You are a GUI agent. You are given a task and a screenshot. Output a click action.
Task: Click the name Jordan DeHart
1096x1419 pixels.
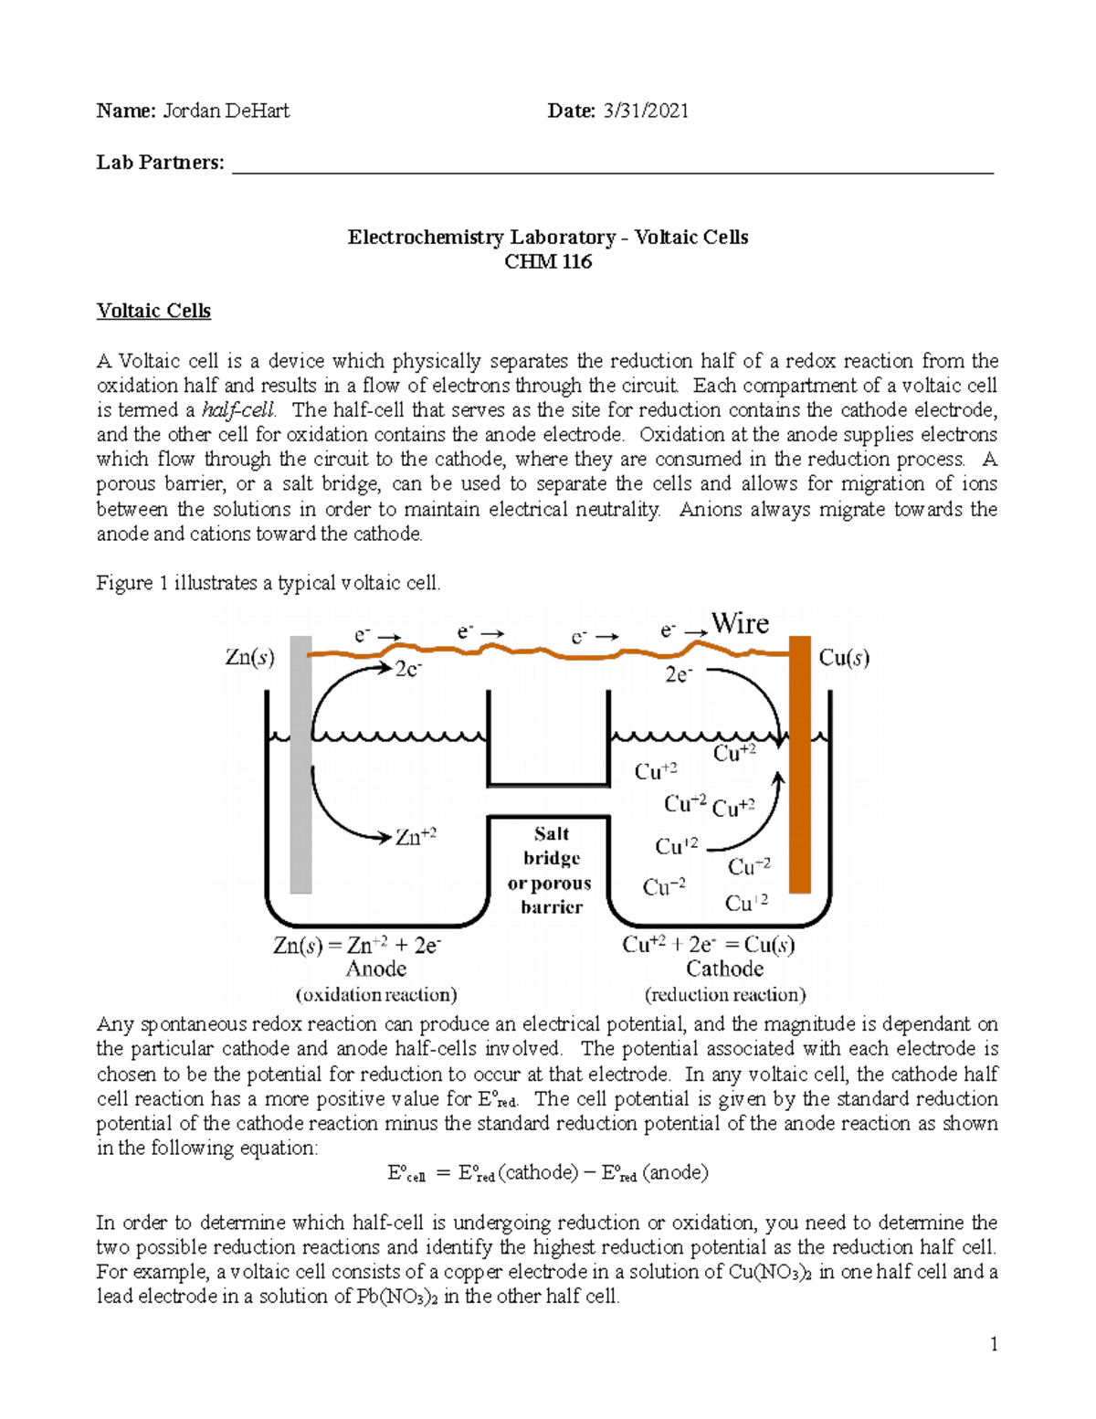point(226,111)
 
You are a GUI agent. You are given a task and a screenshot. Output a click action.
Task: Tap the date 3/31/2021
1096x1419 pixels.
point(645,111)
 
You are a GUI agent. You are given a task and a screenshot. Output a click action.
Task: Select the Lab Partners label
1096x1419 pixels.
point(160,163)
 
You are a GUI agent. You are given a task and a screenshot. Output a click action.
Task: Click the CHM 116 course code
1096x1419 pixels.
point(548,262)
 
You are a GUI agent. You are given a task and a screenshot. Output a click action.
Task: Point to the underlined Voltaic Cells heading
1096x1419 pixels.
point(153,311)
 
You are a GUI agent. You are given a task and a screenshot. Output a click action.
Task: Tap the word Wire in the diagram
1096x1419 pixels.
point(740,624)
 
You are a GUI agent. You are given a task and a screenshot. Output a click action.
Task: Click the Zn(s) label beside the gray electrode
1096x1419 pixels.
point(249,657)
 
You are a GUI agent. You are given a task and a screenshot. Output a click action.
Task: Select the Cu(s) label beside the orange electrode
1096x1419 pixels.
point(844,658)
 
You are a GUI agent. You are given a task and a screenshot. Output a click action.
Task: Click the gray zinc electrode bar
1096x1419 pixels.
point(300,768)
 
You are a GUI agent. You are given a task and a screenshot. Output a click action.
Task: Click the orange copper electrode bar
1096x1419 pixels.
point(800,768)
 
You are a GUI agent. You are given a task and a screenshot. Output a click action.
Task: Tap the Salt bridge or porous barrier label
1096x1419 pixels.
point(550,870)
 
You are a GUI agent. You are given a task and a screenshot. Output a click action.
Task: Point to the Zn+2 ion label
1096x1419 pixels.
point(416,836)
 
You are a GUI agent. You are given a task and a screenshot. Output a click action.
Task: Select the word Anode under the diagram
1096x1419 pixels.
point(376,969)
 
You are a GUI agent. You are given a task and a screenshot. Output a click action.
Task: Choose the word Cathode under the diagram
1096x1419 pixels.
point(724,969)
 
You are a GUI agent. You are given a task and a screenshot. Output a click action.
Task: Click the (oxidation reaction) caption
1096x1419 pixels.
point(376,994)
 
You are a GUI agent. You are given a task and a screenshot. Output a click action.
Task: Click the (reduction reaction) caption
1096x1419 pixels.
point(725,994)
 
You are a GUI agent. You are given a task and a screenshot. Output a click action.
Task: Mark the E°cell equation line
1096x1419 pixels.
point(548,1173)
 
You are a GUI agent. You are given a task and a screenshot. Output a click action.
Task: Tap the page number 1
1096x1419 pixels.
point(994,1344)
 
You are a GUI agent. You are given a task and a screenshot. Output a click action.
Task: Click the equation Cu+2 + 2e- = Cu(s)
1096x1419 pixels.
point(708,945)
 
